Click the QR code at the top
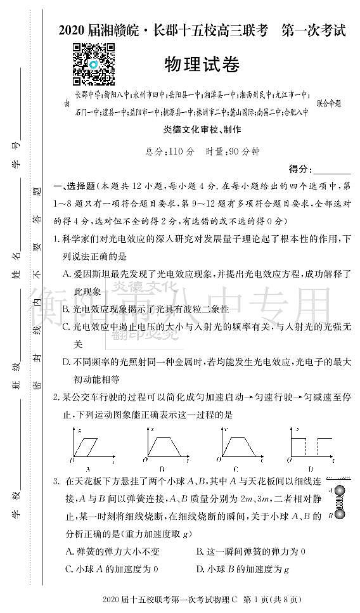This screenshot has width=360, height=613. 93,64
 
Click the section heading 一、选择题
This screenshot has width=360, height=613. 74,186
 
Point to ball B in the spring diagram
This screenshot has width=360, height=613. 341,515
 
